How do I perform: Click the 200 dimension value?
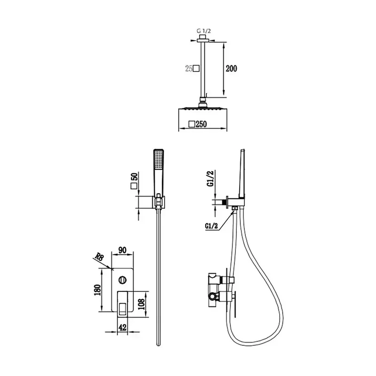point(231,69)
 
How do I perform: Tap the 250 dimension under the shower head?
point(201,124)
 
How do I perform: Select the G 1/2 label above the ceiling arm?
point(204,31)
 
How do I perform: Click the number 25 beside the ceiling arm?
point(189,69)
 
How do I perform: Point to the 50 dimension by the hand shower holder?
point(134,177)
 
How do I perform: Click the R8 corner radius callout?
point(99,257)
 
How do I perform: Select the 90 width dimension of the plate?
point(122,250)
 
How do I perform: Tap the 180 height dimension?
point(98,290)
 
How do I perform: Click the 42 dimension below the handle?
point(123,327)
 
